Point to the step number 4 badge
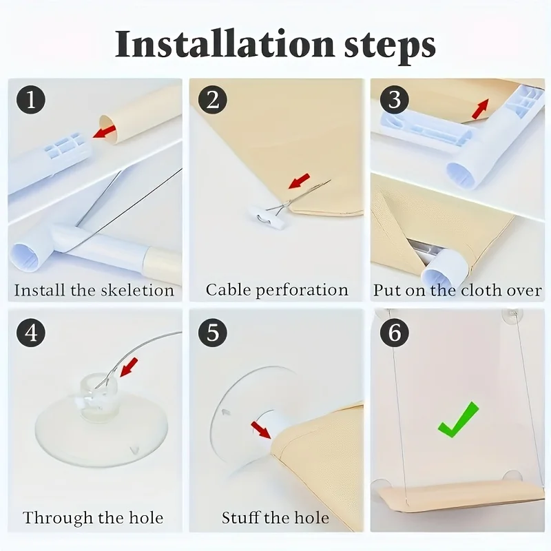point(31,332)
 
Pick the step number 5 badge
point(213,332)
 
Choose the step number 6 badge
point(394,332)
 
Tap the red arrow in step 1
point(104,132)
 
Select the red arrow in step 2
point(299,180)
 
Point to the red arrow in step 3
point(480,109)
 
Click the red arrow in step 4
point(129,367)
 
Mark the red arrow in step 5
point(262,430)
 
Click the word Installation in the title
point(225,44)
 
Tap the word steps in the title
point(390,46)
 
